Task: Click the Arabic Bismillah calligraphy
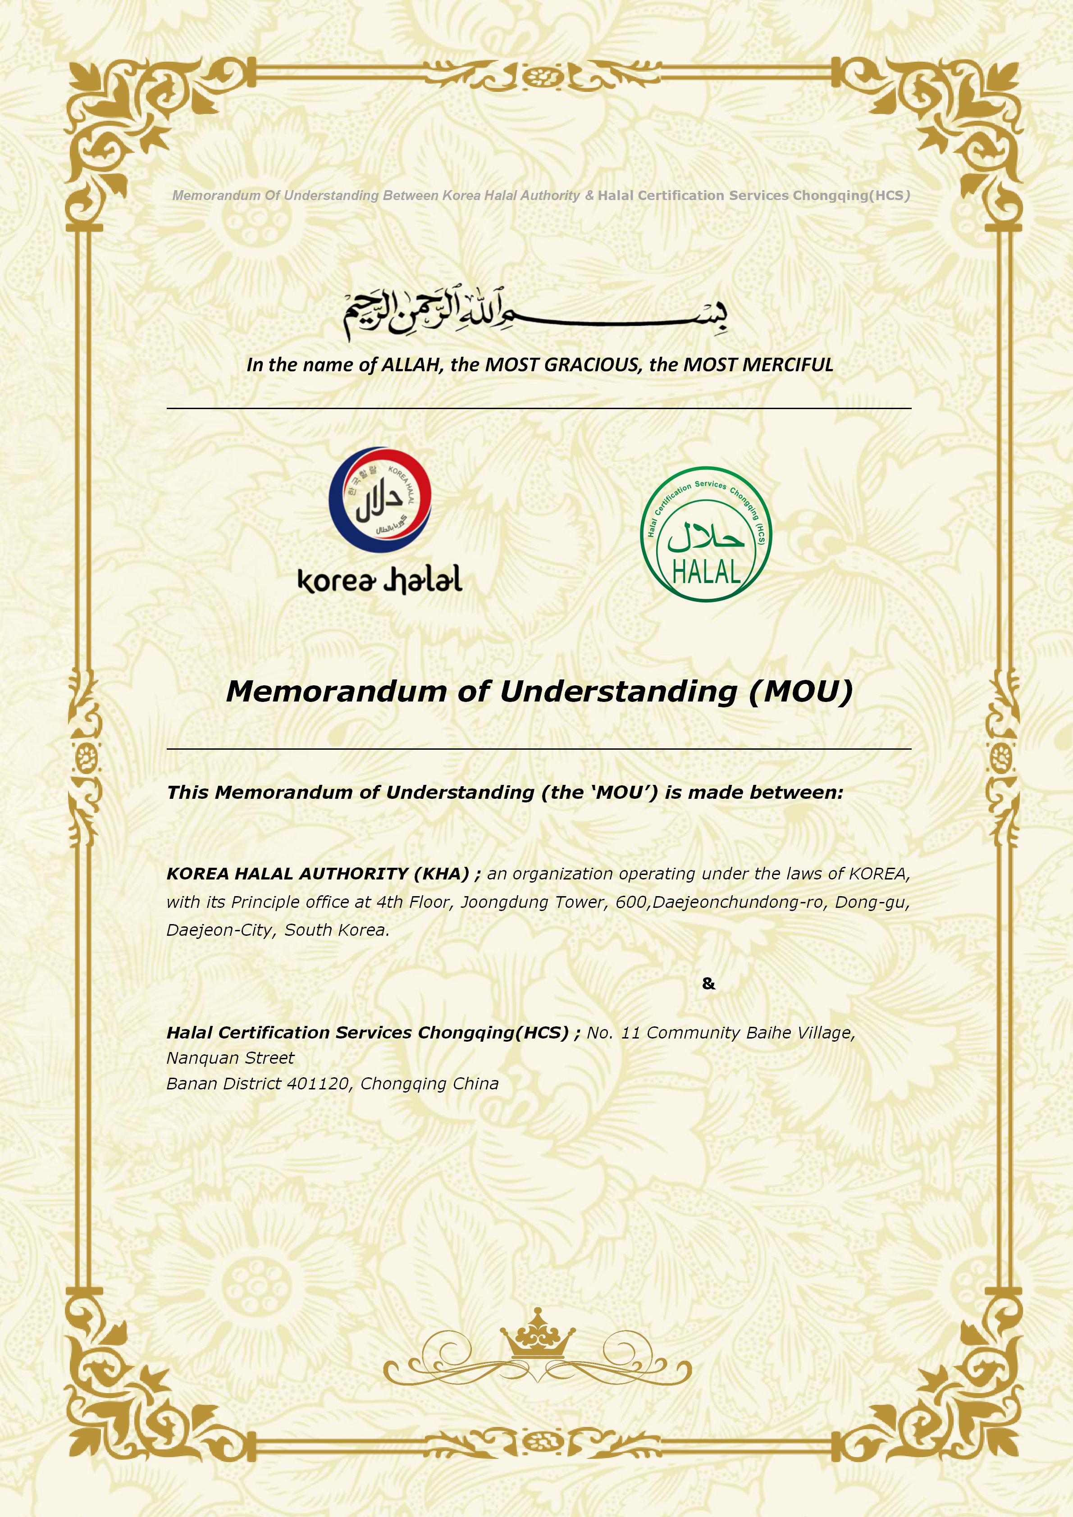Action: tap(535, 316)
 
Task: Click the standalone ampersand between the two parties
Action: tap(708, 984)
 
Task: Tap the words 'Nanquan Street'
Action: tap(230, 1058)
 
